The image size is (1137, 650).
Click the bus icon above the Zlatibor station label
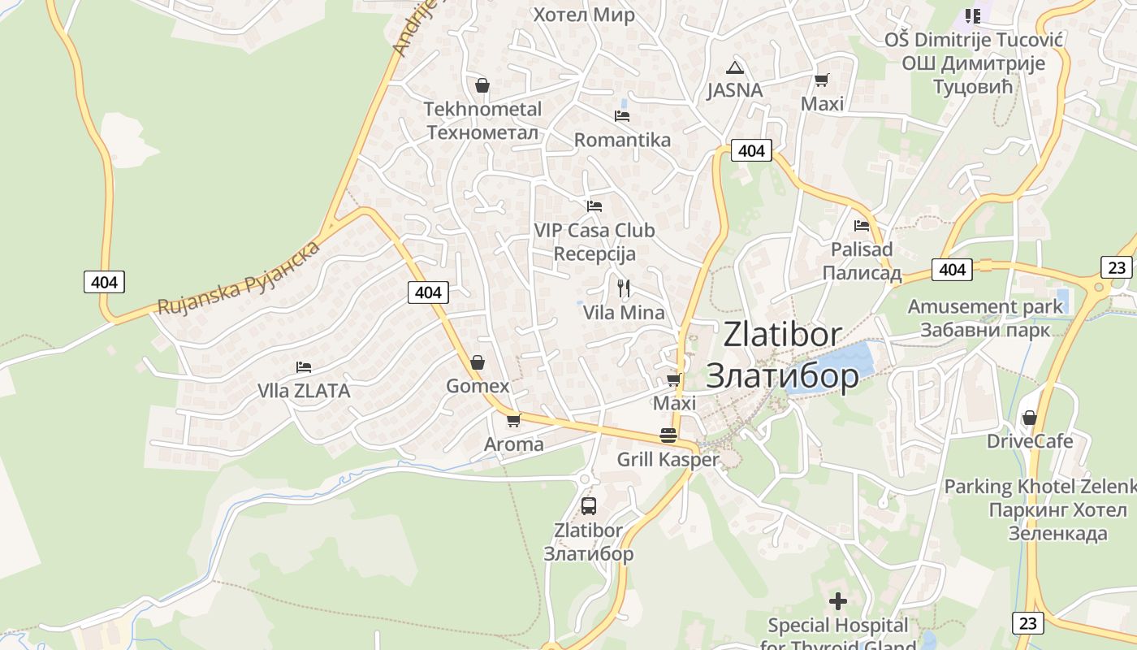(589, 505)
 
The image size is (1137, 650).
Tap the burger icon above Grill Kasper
(668, 435)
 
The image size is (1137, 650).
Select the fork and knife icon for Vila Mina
(624, 288)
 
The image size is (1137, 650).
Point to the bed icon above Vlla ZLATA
(304, 367)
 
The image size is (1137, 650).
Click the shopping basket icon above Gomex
(478, 362)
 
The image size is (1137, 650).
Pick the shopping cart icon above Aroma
(513, 420)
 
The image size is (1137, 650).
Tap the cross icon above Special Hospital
(838, 601)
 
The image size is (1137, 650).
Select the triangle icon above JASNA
(735, 67)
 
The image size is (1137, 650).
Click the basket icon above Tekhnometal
(482, 84)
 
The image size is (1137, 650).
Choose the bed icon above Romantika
(622, 115)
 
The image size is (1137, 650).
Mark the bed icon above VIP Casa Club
(594, 206)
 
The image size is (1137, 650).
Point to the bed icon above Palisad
(862, 225)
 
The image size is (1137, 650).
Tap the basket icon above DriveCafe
(1030, 418)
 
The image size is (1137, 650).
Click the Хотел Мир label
(583, 15)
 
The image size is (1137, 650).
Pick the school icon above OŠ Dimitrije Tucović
(972, 15)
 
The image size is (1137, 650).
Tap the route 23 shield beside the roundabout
(1117, 266)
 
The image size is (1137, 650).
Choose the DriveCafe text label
(1030, 441)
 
